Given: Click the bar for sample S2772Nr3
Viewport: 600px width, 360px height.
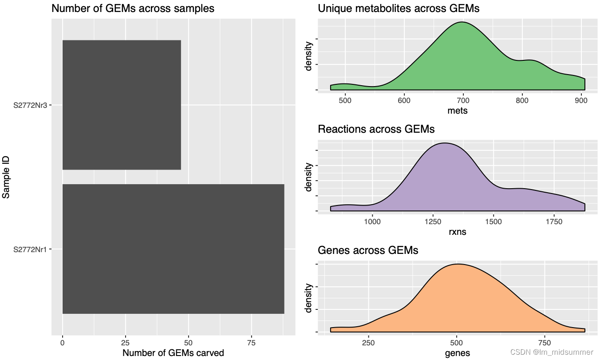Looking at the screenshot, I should point(122,105).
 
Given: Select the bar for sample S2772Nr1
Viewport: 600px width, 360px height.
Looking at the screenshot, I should point(173,249).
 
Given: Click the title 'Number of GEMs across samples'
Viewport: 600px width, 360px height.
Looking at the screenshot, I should point(133,8).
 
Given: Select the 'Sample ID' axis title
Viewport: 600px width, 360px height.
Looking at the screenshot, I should point(6,177).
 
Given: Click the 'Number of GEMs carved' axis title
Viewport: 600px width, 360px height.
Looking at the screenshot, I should point(173,353).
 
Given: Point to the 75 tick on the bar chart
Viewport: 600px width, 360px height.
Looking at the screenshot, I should point(252,343).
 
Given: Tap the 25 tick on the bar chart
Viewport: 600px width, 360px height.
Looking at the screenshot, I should point(126,343).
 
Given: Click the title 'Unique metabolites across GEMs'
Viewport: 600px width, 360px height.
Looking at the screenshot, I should point(399,8).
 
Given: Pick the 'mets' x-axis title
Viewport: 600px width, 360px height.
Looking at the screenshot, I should point(458,111).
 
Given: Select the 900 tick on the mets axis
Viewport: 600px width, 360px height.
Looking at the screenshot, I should point(581,100).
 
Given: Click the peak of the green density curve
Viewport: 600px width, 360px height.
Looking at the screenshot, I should point(462,22).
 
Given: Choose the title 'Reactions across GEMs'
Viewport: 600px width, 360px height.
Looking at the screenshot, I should point(376,129).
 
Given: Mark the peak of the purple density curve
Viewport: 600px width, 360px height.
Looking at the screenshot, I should point(445,143).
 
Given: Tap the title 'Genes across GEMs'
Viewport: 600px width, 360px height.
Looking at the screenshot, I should point(368,250).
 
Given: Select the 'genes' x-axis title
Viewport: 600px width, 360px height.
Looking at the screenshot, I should point(457,353).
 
